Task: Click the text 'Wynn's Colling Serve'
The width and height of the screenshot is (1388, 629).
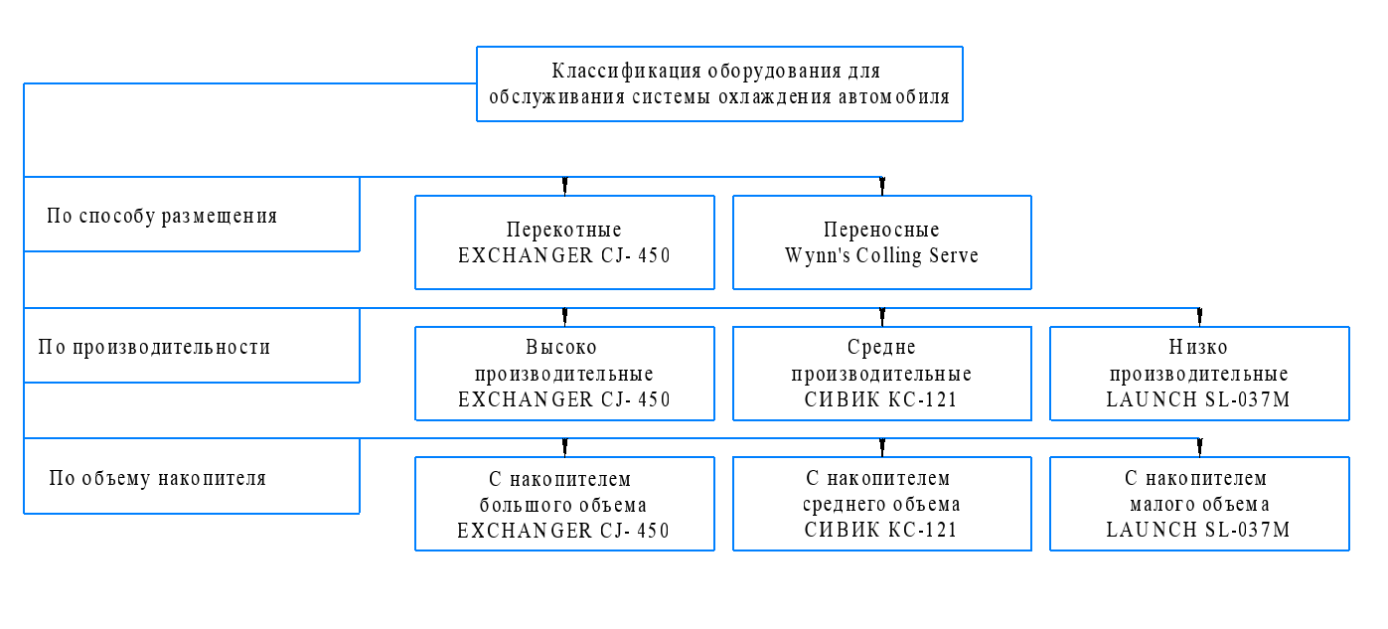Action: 881,256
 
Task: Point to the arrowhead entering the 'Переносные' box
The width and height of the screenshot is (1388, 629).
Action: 882,186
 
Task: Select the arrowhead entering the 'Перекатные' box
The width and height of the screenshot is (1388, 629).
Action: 564,186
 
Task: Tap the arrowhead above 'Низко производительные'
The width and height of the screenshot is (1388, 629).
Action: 1199,317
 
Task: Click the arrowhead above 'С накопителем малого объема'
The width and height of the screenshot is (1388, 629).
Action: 1199,447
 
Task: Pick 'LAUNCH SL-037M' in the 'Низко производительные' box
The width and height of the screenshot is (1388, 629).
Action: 1198,399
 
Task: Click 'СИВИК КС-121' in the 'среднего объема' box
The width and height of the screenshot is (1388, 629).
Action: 880,530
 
